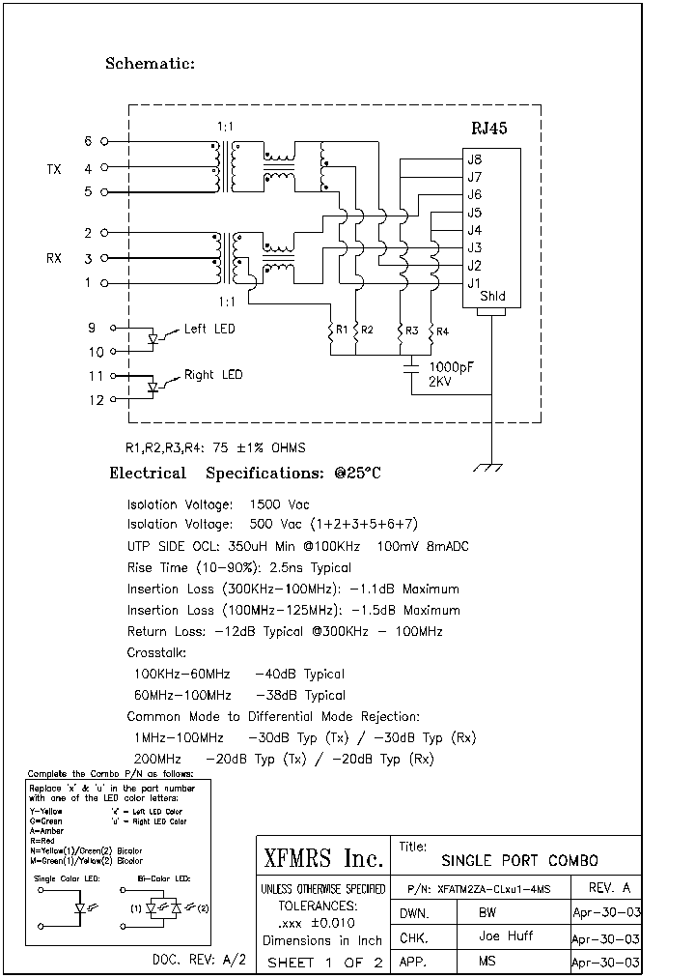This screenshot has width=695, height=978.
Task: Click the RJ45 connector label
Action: [x=488, y=128]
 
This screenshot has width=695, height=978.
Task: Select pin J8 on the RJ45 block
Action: [x=474, y=159]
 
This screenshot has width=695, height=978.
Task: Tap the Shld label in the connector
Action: [x=491, y=298]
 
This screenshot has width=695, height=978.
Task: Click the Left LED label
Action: [x=209, y=330]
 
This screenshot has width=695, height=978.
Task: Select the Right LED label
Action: [x=213, y=375]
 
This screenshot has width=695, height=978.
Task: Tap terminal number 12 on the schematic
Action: [x=97, y=399]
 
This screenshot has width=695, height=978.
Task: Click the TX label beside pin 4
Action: [x=54, y=169]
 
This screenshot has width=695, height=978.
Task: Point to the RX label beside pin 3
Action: [x=54, y=259]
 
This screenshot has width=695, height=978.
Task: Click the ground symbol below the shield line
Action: [x=492, y=468]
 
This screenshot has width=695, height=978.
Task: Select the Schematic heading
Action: [x=150, y=64]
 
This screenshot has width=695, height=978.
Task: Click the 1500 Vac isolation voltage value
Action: [x=279, y=504]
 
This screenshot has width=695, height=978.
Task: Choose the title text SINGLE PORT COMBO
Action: [x=519, y=861]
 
